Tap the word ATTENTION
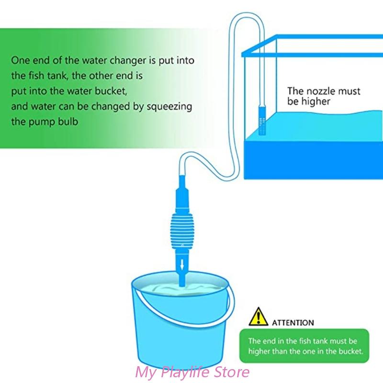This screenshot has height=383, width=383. [293, 323]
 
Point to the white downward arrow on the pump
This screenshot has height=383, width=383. [182, 262]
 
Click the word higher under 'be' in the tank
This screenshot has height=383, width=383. [315, 102]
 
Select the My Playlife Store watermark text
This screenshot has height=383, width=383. [193, 372]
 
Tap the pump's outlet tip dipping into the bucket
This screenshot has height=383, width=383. [182, 280]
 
